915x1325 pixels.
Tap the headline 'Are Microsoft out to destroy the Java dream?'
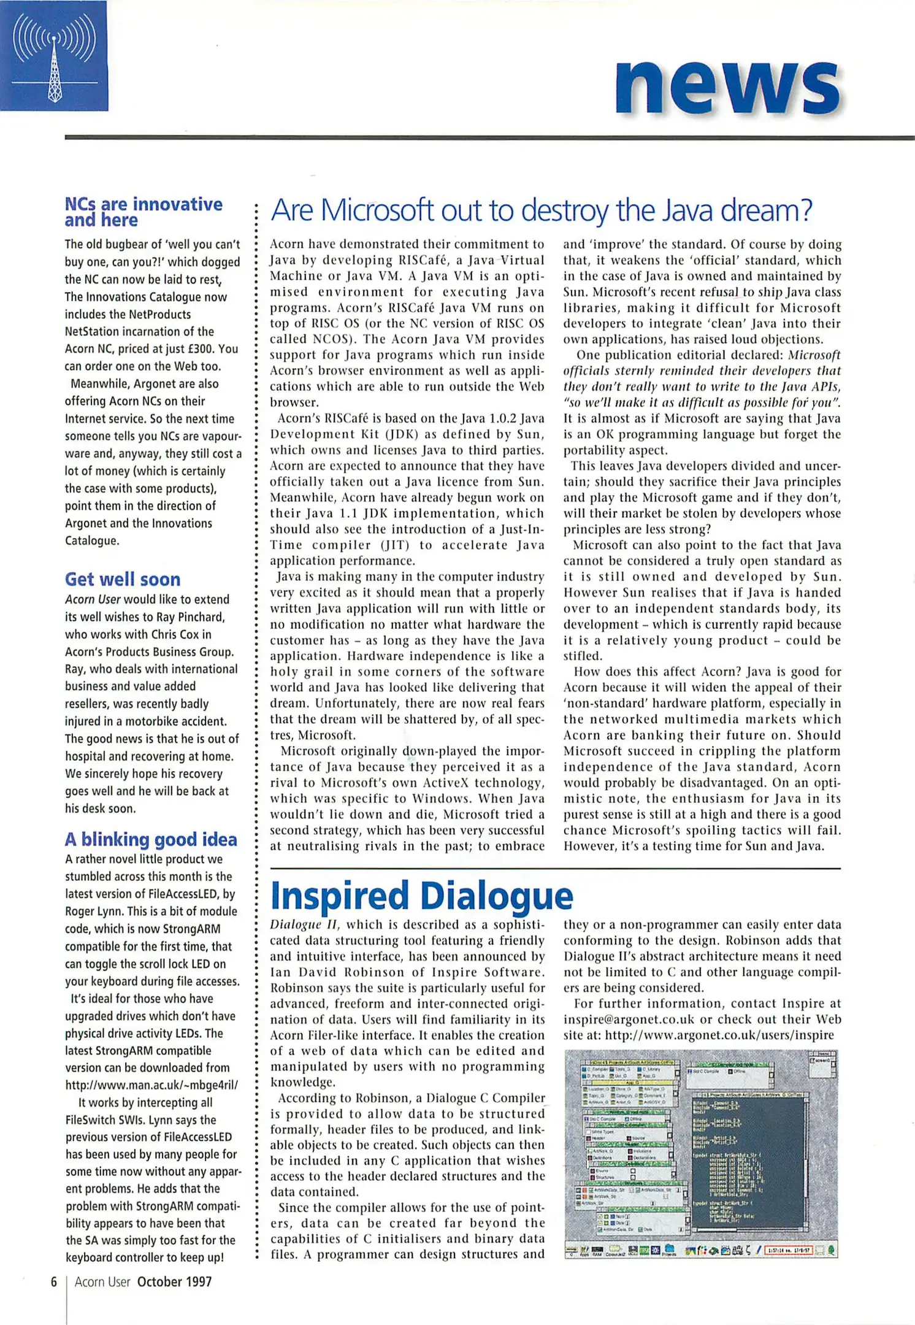[541, 211]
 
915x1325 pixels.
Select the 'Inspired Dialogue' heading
[421, 896]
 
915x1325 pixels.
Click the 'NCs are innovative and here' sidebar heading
[143, 212]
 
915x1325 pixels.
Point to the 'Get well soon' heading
[123, 579]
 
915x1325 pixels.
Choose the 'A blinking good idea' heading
[151, 839]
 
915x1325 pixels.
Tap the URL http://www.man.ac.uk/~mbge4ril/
[151, 1085]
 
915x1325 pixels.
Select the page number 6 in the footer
[54, 1281]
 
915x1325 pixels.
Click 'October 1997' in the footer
[174, 1281]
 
